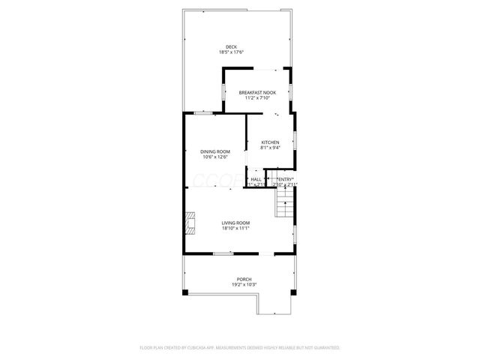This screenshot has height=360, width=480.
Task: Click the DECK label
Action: coord(232,46)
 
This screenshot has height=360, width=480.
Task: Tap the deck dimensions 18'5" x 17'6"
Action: coord(232,52)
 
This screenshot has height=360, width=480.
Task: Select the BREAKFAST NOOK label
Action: coord(258,91)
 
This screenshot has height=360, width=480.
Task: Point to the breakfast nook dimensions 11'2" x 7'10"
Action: coord(258,97)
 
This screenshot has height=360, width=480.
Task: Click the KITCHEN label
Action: coord(270,142)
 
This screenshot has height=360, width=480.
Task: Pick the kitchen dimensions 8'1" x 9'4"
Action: coord(270,148)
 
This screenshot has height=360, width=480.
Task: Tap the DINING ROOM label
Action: coord(214,151)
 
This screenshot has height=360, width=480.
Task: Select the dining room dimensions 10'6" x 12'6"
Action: coord(214,157)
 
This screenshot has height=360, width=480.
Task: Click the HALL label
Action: coord(256,179)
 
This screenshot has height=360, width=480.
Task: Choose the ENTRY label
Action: coord(285,179)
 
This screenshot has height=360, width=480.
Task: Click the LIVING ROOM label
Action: coord(235,223)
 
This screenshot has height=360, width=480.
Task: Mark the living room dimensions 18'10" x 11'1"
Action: coord(235,228)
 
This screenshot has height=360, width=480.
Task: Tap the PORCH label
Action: coord(234,279)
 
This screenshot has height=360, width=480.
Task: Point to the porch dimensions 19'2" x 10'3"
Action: coord(234,284)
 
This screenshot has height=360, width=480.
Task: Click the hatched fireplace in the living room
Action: coord(190,223)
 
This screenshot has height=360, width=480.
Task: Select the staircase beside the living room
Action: coord(285,202)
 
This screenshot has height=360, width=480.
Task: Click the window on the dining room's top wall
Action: coord(202,112)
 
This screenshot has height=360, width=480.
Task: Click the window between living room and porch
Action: coord(223,254)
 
